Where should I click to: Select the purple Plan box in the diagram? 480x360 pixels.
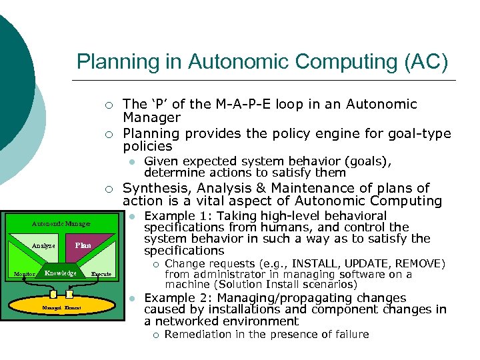tap(83, 246)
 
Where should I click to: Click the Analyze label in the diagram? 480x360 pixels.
tap(43, 246)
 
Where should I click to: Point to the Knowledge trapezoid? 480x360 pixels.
tap(61, 273)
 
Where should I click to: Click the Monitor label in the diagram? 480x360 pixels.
tap(25, 274)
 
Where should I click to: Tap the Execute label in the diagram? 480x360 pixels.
tap(101, 274)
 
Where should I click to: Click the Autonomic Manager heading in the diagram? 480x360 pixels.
tap(61, 225)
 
